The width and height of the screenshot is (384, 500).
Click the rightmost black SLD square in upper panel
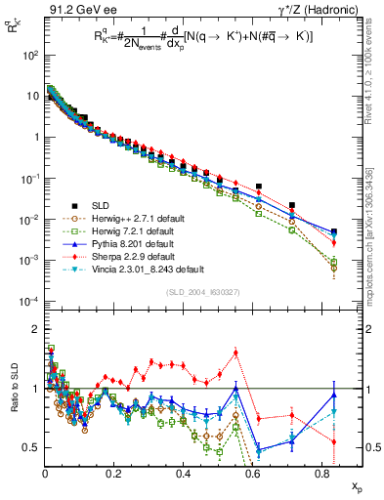pyautogui.click(x=334, y=232)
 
